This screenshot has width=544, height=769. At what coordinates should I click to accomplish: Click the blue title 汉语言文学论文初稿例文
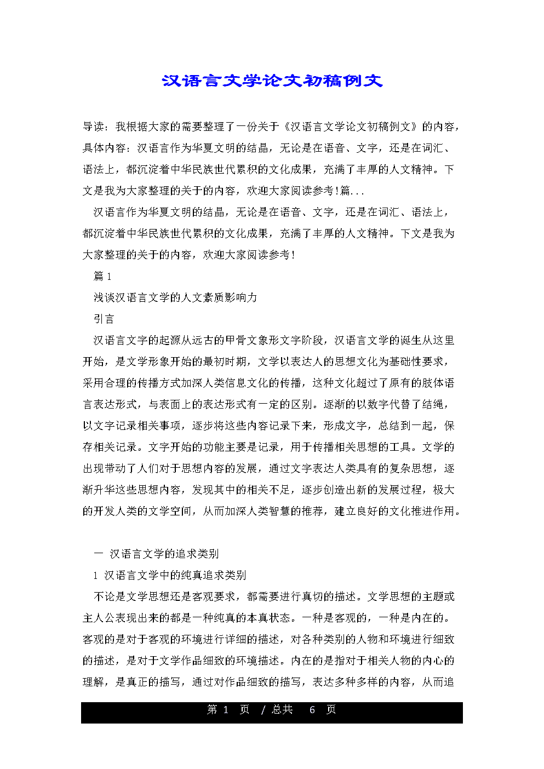pos(272,81)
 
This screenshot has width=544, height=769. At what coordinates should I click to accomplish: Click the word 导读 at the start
pos(93,127)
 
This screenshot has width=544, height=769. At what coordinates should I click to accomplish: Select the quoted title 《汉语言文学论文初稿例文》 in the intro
pos(351,127)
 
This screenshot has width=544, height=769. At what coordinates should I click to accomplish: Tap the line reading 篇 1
pos(102,276)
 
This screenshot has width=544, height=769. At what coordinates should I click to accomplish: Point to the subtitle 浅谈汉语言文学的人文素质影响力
pos(175,297)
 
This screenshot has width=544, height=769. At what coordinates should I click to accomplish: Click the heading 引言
pos(104,319)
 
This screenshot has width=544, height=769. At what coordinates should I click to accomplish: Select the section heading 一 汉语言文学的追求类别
pos(157,554)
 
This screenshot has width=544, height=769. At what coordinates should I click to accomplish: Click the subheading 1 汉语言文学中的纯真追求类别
pos(170,575)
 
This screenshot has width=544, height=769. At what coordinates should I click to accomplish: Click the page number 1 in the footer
pos(226,710)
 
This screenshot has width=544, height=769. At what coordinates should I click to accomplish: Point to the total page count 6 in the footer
pos(312,710)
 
